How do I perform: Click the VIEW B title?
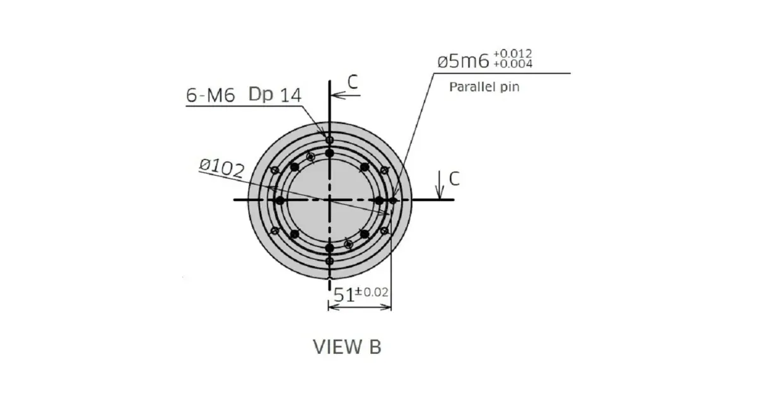[x=347, y=347]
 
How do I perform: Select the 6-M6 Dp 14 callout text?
[x=244, y=95]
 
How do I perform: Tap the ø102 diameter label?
[x=221, y=168]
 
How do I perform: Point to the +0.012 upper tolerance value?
[x=513, y=54]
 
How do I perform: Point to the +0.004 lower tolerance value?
[x=513, y=64]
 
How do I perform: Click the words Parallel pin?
[x=484, y=87]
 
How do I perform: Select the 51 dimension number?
[x=344, y=295]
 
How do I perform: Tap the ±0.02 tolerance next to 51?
[x=372, y=292]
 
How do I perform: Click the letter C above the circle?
[x=353, y=82]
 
